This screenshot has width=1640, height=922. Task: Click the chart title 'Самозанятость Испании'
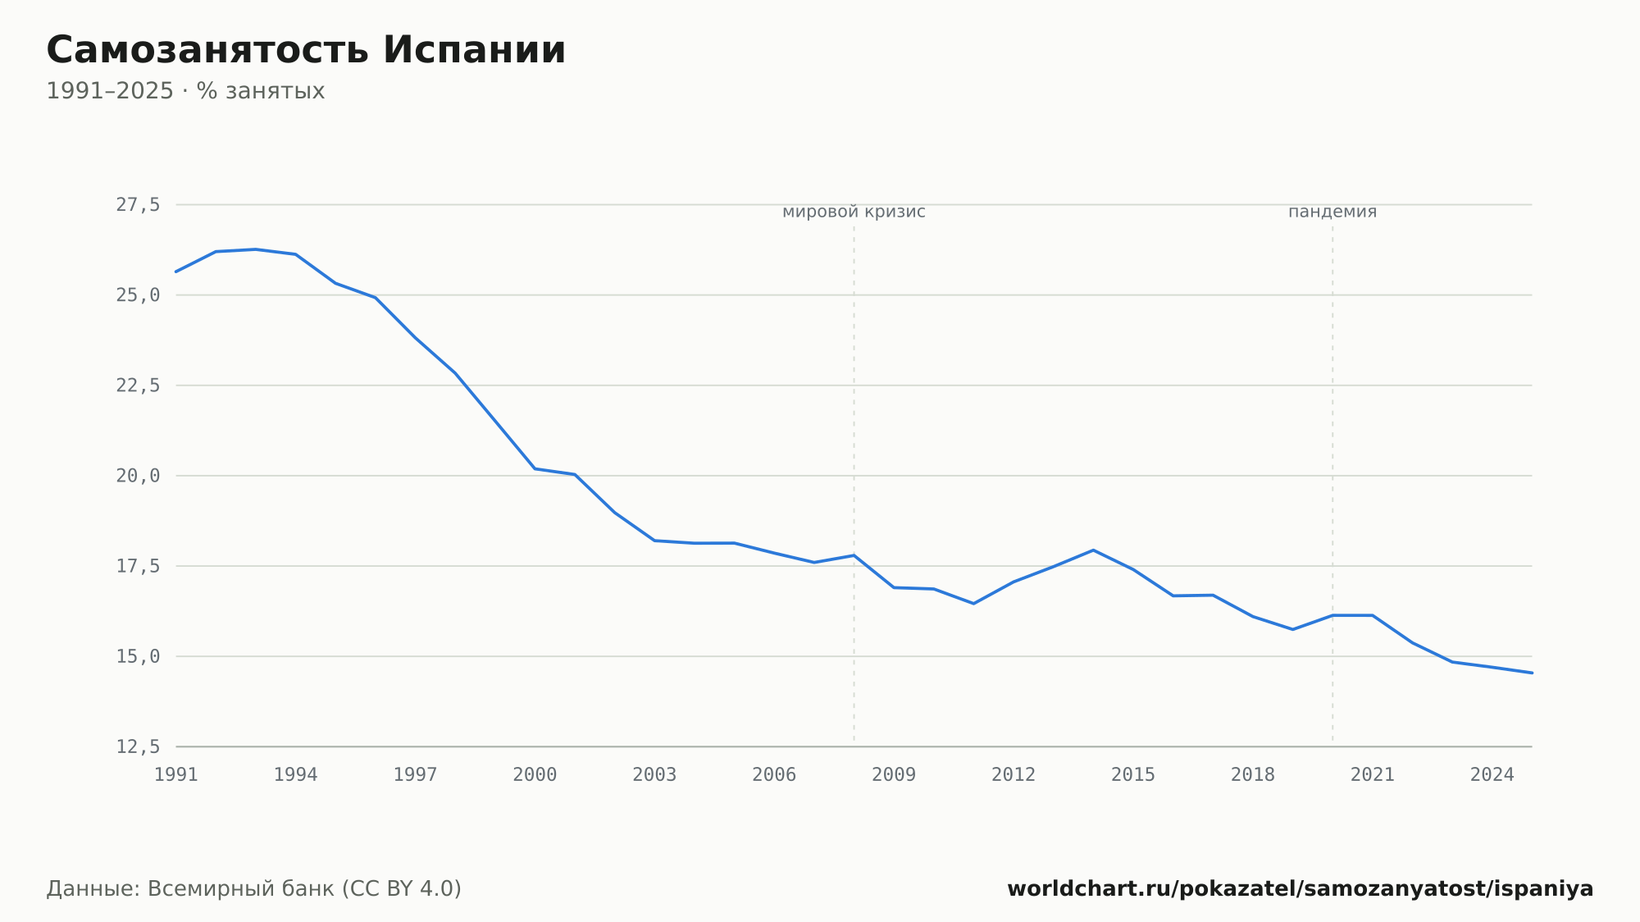(306, 50)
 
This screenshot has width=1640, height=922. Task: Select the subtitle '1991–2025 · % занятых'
(185, 91)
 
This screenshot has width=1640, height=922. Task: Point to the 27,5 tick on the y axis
(138, 205)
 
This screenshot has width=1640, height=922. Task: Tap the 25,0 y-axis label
(138, 295)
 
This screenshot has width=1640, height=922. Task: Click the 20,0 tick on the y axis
(138, 476)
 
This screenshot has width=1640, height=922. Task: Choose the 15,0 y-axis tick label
(138, 656)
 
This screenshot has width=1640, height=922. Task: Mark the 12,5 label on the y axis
(138, 746)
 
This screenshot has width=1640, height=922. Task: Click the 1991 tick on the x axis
(176, 775)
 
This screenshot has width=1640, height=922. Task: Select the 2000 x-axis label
(535, 775)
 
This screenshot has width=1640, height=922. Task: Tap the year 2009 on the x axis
(894, 775)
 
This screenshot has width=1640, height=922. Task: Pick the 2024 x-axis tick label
(1492, 775)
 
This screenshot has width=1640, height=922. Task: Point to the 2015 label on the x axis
(1133, 775)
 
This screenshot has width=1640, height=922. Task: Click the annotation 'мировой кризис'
(854, 212)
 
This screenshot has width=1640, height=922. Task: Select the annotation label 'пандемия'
(1332, 212)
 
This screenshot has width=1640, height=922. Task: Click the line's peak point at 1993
(256, 249)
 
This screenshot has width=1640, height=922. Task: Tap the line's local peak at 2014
(1093, 550)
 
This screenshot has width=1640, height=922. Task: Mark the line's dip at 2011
(973, 604)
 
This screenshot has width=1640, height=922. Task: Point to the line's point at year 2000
(535, 468)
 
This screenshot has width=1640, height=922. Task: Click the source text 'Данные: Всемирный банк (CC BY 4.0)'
(254, 889)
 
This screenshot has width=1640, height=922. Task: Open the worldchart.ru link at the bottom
(1301, 889)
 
